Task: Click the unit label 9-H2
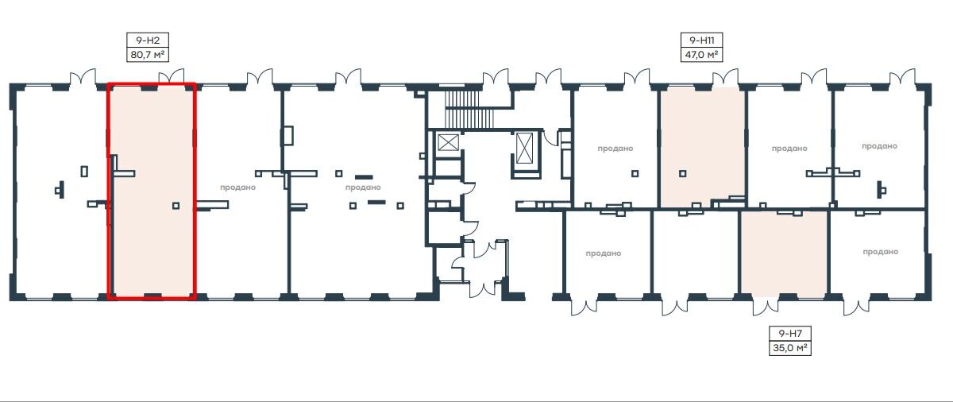pyautogui.click(x=148, y=41)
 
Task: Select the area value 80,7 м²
pyautogui.click(x=148, y=55)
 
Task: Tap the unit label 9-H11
pyautogui.click(x=701, y=41)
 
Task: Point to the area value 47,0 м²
pyautogui.click(x=701, y=55)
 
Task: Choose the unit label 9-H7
pyautogui.click(x=790, y=334)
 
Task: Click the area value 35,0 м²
pyautogui.click(x=790, y=348)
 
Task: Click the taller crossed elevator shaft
pyautogui.click(x=524, y=148)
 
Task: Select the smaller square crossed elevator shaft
pyautogui.click(x=449, y=142)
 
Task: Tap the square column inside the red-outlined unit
pyautogui.click(x=176, y=206)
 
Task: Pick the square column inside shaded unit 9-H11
pyautogui.click(x=682, y=173)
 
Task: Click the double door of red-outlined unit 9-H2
pyautogui.click(x=172, y=76)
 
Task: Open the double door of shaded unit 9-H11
pyautogui.click(x=725, y=77)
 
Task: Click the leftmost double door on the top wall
pyautogui.click(x=83, y=76)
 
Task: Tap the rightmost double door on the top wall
pyautogui.click(x=902, y=77)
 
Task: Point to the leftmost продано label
pyautogui.click(x=237, y=187)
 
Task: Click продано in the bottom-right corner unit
pyautogui.click(x=880, y=252)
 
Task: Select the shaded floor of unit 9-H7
pyautogui.click(x=785, y=253)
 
